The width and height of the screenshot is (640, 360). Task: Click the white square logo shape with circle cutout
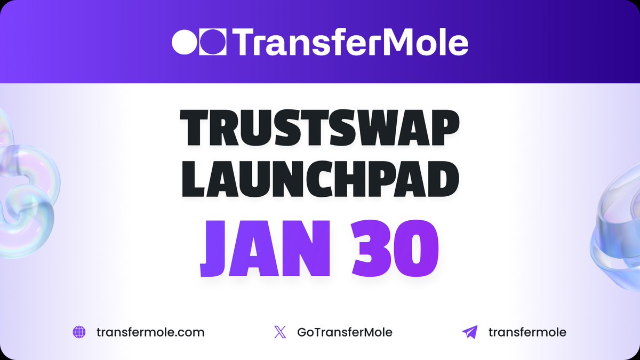213,42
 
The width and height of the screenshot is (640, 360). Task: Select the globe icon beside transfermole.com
79,332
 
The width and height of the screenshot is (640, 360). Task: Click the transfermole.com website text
150,332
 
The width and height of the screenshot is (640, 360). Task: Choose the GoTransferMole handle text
345,332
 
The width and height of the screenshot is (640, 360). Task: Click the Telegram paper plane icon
469,332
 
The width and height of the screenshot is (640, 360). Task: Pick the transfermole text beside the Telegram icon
527,332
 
